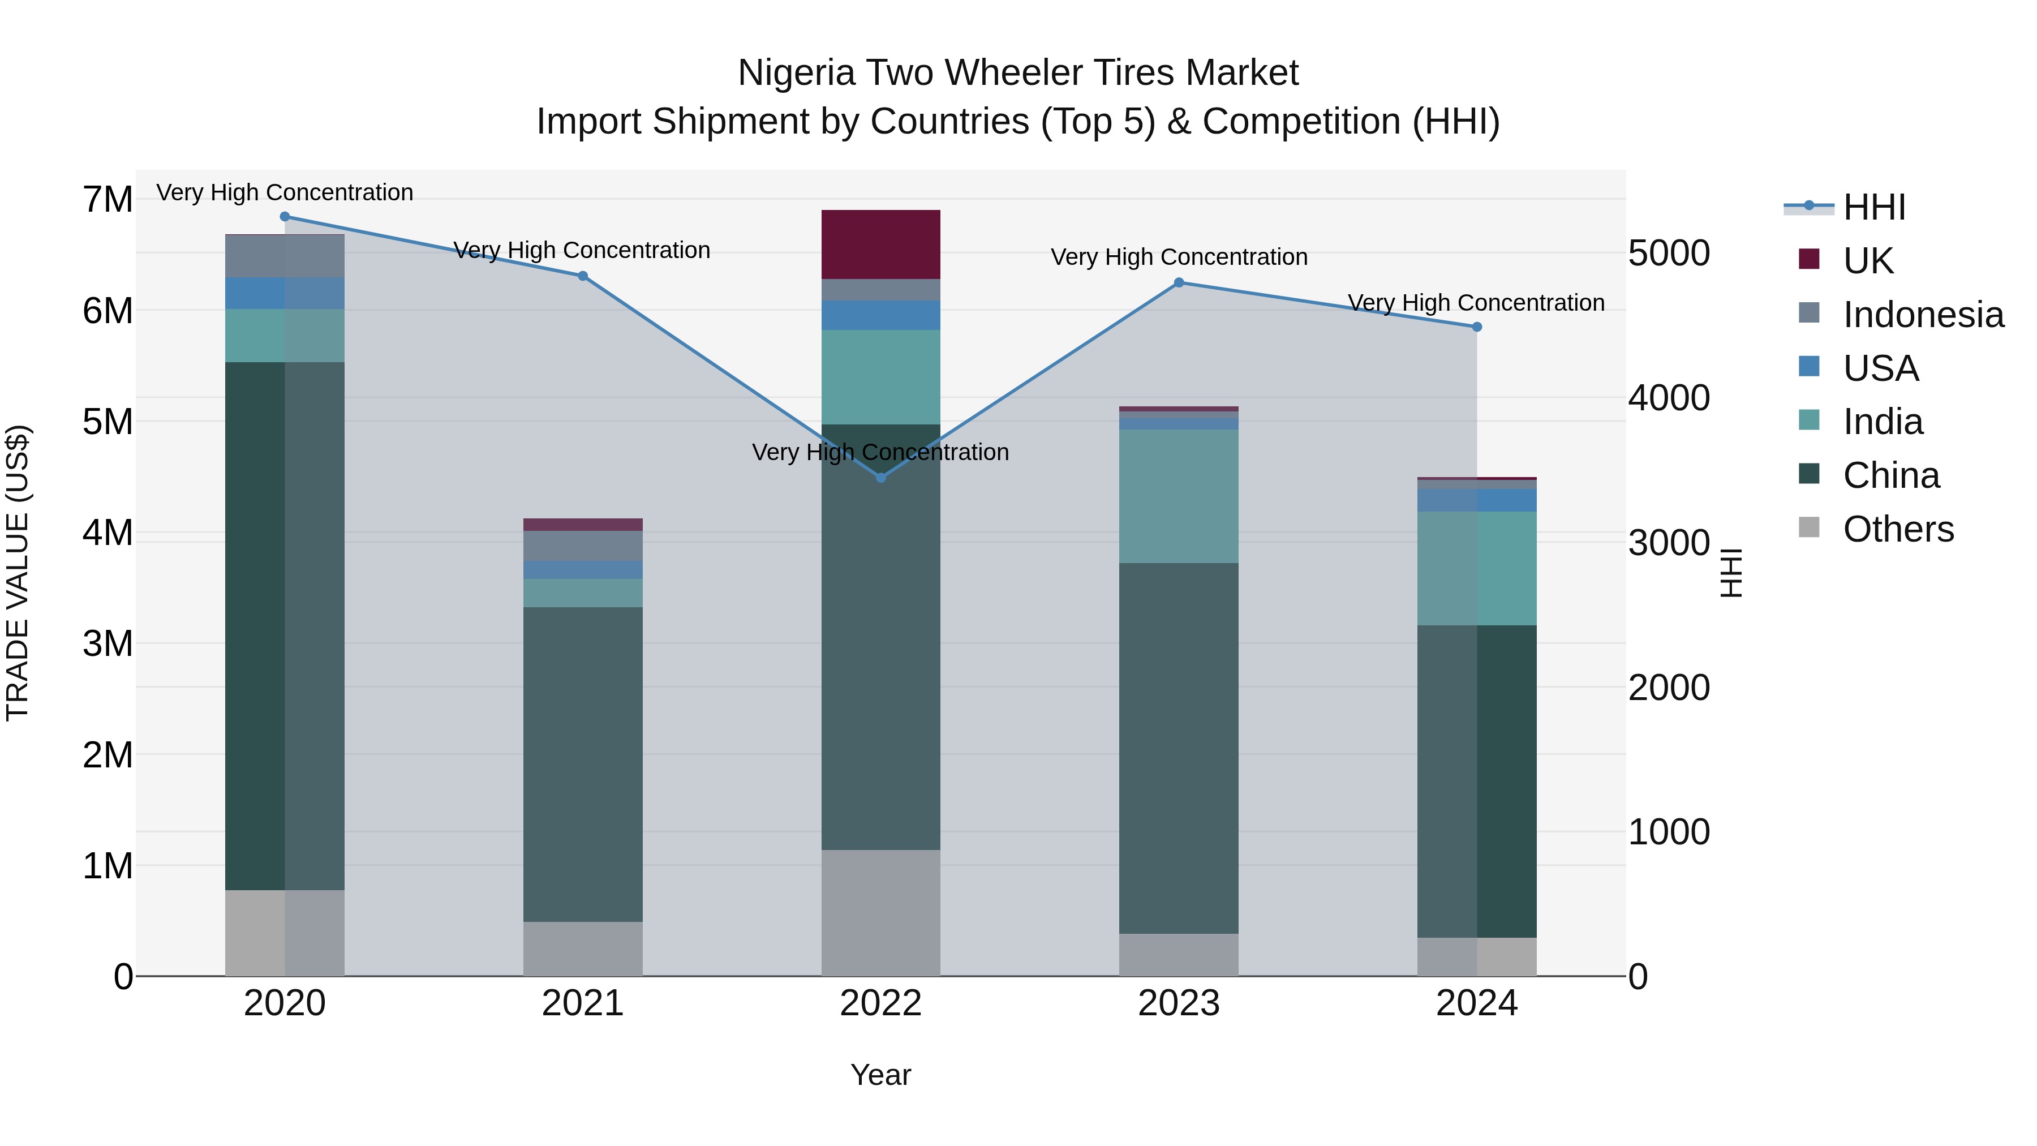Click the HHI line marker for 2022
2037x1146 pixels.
pos(881,478)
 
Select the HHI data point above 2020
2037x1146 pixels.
pos(285,217)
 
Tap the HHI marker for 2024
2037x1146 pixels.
pos(1476,327)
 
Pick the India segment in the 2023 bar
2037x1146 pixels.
pos(1178,496)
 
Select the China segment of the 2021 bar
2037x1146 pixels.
pos(583,763)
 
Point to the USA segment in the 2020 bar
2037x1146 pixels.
pos(285,293)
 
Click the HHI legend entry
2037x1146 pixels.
pos(1873,207)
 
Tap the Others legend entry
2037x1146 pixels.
pos(1898,529)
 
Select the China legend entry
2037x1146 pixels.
pos(1890,475)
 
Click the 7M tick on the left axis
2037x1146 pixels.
pos(108,199)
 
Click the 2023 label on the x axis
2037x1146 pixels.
pos(1178,1003)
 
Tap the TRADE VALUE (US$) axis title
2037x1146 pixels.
pos(18,573)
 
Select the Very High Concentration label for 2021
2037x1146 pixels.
pos(582,250)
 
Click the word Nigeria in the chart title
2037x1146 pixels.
pos(796,73)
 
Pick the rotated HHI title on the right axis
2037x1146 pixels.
pos(1732,573)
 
